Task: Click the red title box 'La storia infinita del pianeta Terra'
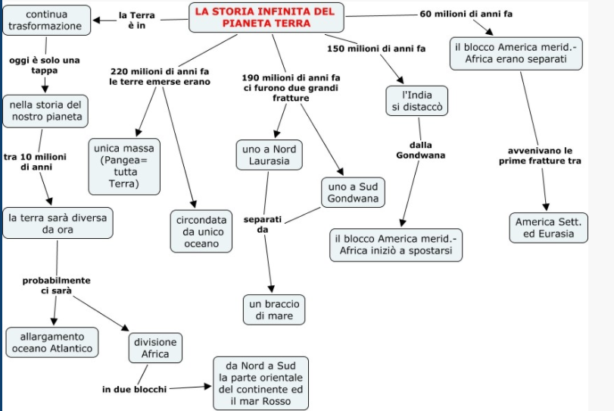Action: click(264, 17)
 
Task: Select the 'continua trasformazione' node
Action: click(45, 20)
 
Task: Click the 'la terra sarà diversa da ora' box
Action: click(57, 223)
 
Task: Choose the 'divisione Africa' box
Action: click(155, 348)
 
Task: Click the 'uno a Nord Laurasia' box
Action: click(270, 155)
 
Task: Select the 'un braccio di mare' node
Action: click(274, 309)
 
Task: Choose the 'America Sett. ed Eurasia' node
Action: click(548, 227)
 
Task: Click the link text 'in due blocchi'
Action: click(134, 389)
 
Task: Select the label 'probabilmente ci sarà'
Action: click(56, 285)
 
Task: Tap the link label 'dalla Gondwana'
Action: click(421, 150)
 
